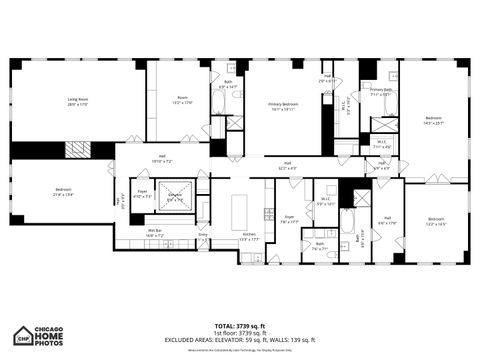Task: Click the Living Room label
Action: pos(78,102)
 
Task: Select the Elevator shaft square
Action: pos(175,197)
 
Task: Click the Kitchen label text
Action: pos(248,236)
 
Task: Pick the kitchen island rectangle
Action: pos(240,211)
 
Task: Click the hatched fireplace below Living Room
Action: pos(77,149)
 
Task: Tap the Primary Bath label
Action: pos(381,92)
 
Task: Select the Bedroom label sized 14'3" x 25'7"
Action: pos(433,121)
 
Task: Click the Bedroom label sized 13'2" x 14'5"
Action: pos(436,221)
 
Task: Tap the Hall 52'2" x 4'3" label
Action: pos(287,166)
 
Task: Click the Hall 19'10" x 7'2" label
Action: pos(162,160)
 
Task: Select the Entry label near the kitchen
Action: pos(203,235)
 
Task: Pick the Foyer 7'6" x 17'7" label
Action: pos(290,220)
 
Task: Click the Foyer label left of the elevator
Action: pos(141,194)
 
